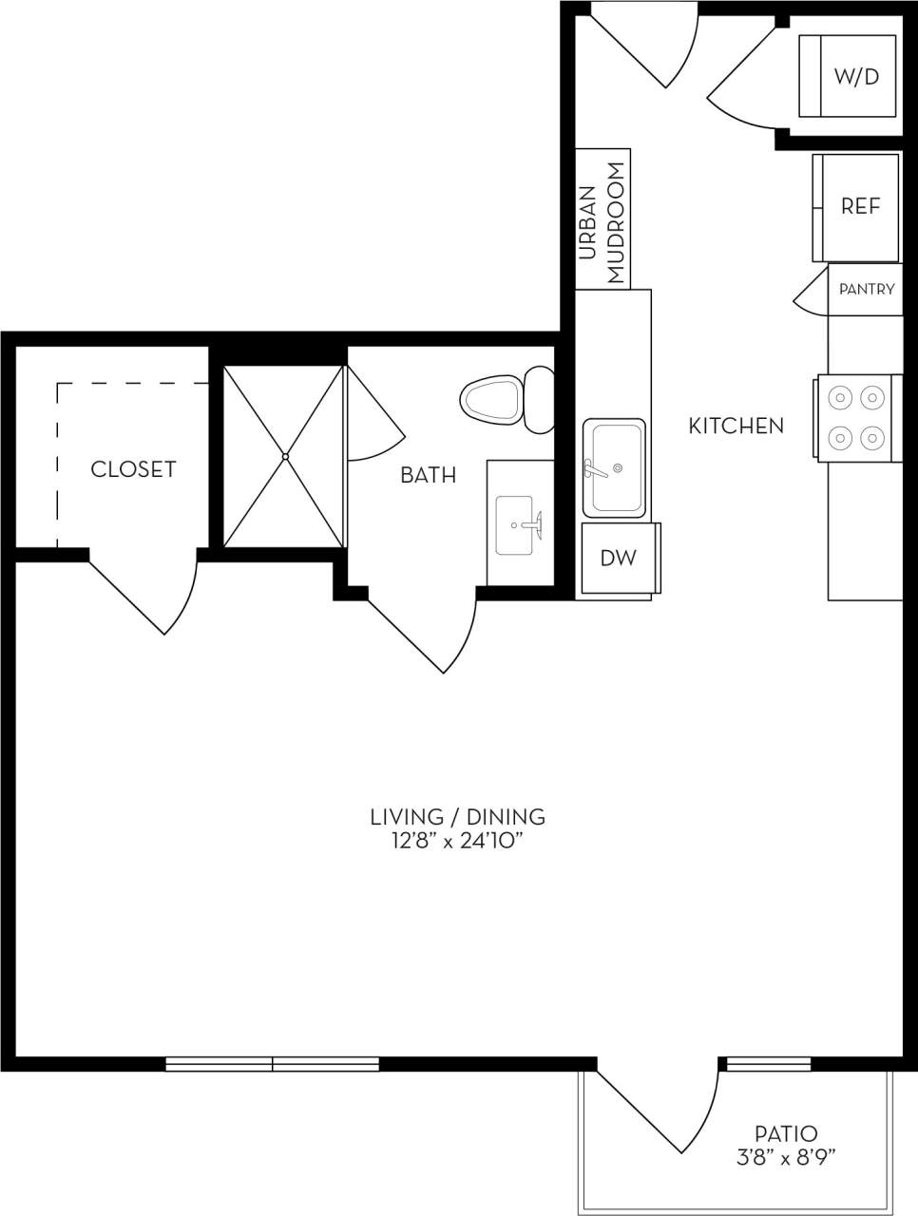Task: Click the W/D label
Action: [856, 77]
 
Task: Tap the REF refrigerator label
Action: [860, 206]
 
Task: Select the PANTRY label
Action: [866, 289]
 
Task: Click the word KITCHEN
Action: [736, 426]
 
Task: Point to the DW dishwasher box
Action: [618, 559]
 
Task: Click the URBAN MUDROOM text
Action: [602, 224]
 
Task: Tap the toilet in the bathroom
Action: [503, 399]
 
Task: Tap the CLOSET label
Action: [133, 469]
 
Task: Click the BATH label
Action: [428, 475]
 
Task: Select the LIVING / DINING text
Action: [457, 816]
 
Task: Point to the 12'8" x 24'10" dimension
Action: [457, 841]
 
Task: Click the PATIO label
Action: [785, 1133]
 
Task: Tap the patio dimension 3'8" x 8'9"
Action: [785, 1157]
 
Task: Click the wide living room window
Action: [273, 1064]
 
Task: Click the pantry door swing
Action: [810, 292]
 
